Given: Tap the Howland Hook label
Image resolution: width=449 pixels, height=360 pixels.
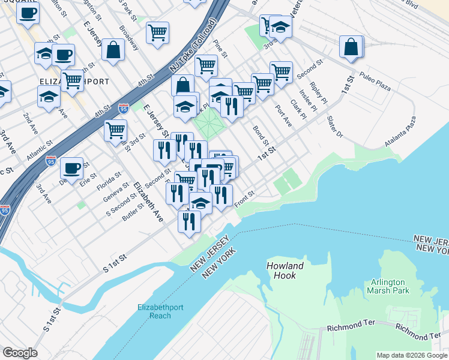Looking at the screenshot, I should [285, 270].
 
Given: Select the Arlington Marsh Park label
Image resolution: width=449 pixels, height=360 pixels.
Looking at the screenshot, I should [387, 286].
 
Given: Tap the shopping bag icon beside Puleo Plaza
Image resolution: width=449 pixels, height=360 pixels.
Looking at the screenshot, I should [351, 47].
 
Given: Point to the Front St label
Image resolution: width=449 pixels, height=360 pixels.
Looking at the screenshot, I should [245, 200].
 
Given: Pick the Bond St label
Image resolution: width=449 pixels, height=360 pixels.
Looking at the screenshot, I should [260, 136].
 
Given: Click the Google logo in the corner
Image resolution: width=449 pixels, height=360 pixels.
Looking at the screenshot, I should [20, 353].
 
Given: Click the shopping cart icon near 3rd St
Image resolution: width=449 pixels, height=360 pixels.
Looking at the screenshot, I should [115, 130].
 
